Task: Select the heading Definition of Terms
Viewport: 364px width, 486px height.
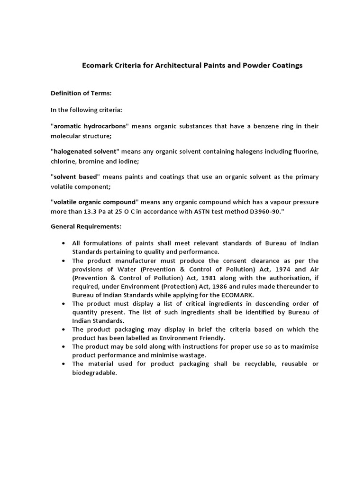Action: coord(81,93)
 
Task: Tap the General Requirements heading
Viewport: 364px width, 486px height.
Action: coord(86,226)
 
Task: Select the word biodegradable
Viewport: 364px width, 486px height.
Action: coord(94,373)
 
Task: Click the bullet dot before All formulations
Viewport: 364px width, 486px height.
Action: coord(64,243)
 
